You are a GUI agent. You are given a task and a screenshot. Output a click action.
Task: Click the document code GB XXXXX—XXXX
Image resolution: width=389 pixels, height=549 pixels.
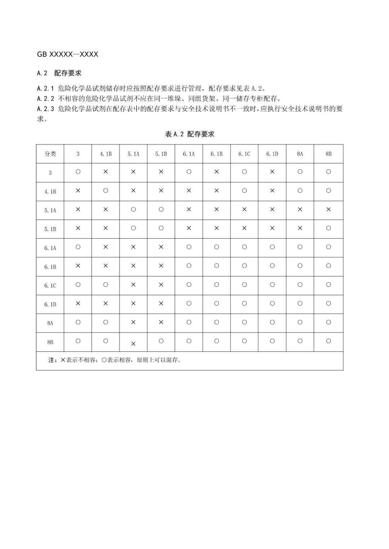[68, 54]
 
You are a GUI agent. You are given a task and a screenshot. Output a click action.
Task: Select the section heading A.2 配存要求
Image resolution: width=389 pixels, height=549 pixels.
[59, 73]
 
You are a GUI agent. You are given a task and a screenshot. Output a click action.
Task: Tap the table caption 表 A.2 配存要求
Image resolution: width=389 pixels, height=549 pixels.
[189, 134]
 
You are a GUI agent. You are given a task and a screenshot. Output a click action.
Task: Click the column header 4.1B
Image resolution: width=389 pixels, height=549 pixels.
[106, 154]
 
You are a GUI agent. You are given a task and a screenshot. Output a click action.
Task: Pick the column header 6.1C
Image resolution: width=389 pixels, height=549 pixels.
[244, 154]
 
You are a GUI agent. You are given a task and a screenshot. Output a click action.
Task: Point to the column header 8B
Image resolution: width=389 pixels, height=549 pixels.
[328, 154]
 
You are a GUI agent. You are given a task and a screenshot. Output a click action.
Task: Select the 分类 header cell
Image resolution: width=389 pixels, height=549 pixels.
[50, 154]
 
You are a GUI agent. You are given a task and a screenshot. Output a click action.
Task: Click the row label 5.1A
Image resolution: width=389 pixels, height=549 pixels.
[50, 210]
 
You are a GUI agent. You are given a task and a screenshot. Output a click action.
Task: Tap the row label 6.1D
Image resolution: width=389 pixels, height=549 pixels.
[50, 304]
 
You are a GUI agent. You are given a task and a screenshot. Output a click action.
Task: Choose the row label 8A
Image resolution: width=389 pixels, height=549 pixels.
[50, 323]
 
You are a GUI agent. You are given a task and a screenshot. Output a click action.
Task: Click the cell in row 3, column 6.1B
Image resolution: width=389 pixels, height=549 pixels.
[216, 172]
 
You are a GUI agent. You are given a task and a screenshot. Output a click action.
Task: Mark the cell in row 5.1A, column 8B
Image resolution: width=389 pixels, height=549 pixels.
[328, 209]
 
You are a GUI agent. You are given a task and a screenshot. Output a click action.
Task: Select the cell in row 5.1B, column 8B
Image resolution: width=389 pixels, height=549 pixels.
[328, 228]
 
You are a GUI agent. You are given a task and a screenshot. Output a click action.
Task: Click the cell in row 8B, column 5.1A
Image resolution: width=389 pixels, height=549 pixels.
[133, 344]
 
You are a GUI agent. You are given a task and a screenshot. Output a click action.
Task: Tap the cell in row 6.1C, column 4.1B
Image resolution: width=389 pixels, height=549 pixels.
[106, 285]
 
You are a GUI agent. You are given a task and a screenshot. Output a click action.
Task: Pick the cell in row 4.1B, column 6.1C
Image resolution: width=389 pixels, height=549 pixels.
[244, 191]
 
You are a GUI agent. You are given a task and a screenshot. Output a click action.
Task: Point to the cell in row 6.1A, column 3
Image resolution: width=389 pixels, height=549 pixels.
[78, 247]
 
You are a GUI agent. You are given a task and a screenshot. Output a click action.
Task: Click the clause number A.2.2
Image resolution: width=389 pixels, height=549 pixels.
[45, 99]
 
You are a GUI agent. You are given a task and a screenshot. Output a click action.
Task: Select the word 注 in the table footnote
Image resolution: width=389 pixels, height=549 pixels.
[51, 360]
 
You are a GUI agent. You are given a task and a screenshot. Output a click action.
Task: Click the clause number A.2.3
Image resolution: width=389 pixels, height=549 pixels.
[45, 109]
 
